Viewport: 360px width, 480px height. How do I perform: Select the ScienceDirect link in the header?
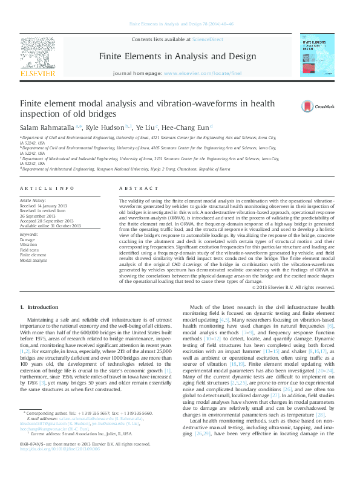coord(207,39)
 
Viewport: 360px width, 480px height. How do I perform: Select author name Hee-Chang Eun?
coord(186,128)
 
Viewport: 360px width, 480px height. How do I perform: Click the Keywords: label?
coord(29,233)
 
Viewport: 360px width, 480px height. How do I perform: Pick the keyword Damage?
coord(28,239)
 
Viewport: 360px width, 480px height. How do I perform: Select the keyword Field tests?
coord(29,249)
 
